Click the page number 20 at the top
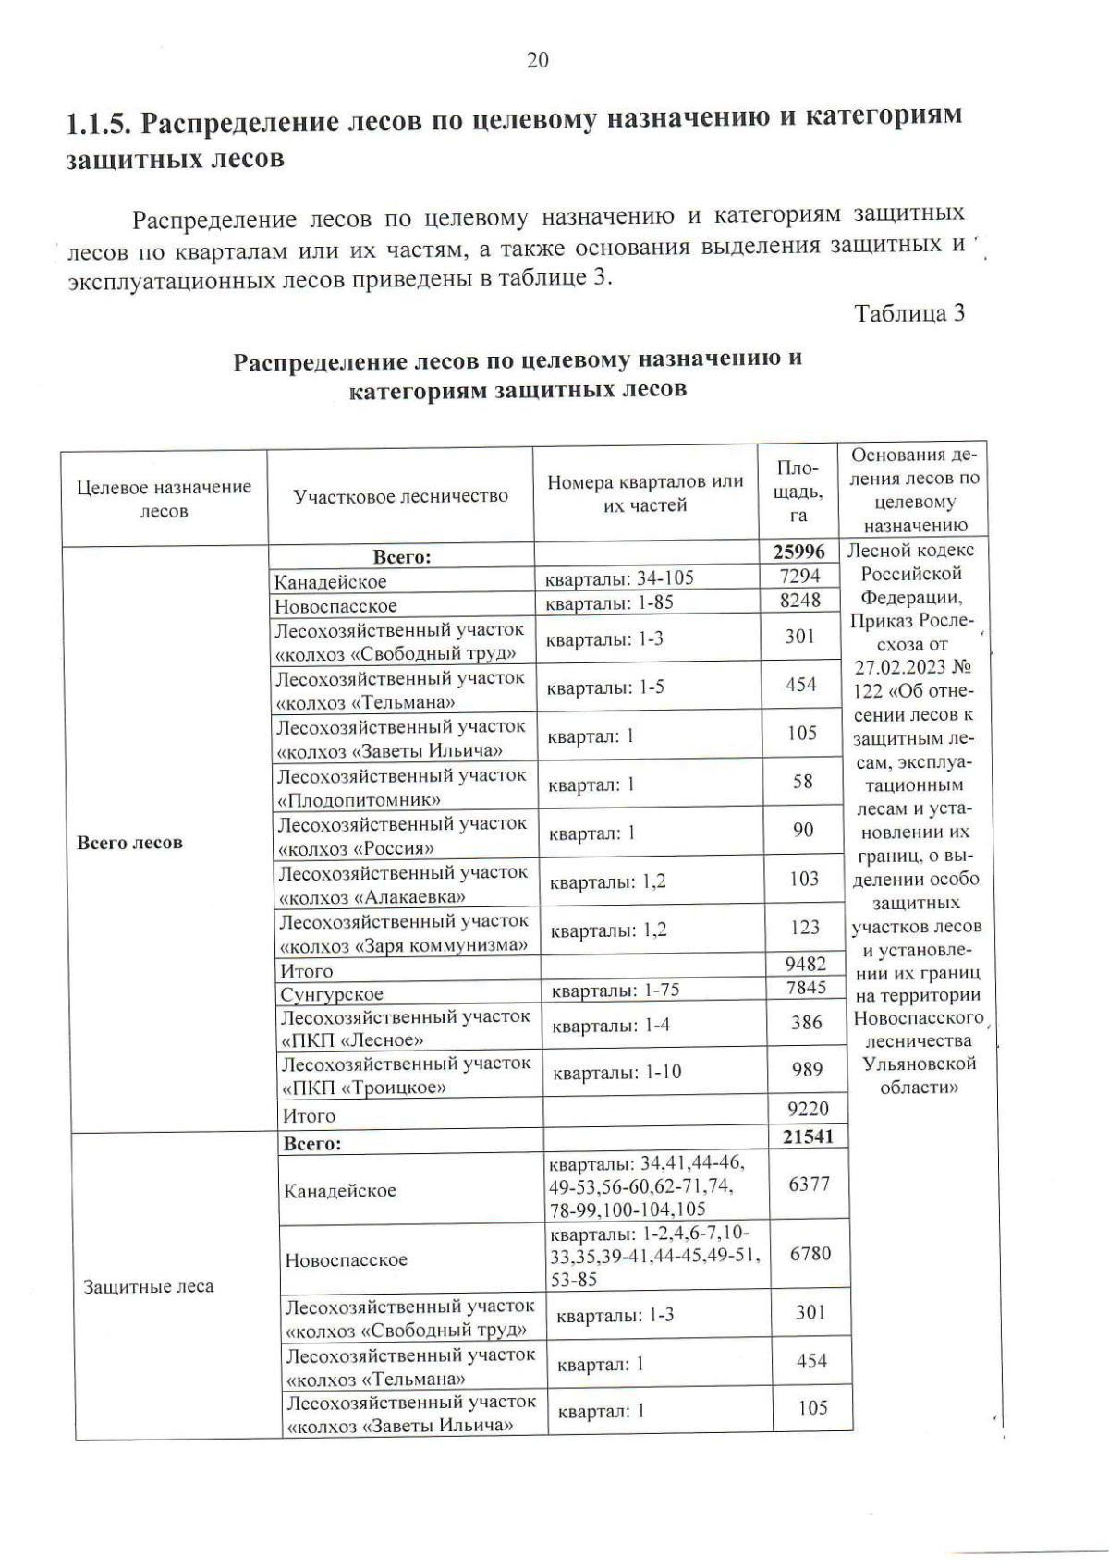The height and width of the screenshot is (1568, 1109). click(537, 61)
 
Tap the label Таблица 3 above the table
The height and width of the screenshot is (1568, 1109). click(909, 313)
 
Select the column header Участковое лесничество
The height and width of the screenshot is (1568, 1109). click(400, 496)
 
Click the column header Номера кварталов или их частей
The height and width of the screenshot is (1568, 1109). click(645, 493)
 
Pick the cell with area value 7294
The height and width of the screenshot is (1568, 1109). click(799, 576)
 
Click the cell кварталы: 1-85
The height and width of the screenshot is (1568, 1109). click(609, 602)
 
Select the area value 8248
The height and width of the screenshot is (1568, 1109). click(799, 600)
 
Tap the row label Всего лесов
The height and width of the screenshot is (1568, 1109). click(129, 843)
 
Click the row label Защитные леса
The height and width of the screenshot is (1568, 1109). click(148, 1286)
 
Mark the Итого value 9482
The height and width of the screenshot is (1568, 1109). click(805, 965)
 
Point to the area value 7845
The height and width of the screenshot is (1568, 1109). click(805, 988)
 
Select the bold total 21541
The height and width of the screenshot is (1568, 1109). click(808, 1137)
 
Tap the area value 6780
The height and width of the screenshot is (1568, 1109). click(810, 1254)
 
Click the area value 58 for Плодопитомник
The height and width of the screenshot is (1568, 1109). click(802, 782)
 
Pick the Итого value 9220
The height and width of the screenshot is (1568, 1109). click(807, 1109)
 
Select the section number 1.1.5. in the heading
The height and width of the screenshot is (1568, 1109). click(99, 121)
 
